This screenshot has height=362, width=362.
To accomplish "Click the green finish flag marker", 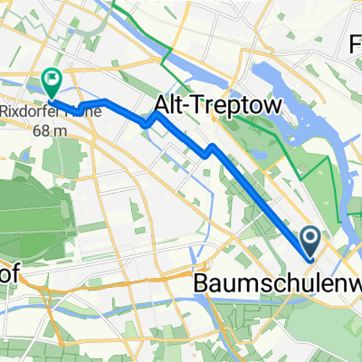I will [52, 82].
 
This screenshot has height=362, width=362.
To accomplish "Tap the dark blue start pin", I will [310, 241].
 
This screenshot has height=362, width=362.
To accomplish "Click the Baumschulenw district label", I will [277, 285].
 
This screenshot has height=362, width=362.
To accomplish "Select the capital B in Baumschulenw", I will [202, 285].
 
